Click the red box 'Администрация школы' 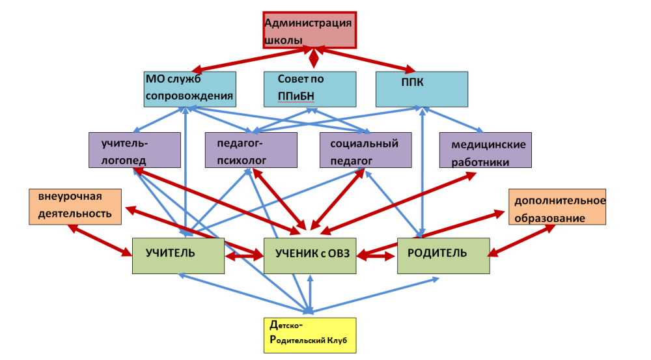309,30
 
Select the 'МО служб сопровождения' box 189,89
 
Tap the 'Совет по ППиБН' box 310,89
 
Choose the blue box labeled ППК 422,89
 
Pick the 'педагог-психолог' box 251,150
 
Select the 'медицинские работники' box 485,150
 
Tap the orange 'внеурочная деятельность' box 75,206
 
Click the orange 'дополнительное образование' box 557,206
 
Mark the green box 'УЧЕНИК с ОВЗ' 310,255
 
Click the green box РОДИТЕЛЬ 443,255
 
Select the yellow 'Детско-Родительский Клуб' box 310,333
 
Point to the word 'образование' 549,218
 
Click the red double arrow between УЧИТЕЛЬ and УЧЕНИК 243,256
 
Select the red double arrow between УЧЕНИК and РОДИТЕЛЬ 377,256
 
